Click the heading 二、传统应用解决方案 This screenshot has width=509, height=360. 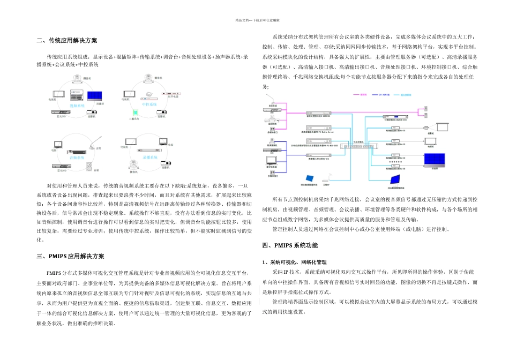point(67,41)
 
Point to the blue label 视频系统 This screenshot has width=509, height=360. point(78,106)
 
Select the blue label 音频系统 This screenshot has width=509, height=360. point(78,158)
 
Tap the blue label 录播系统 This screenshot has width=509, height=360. point(151,158)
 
